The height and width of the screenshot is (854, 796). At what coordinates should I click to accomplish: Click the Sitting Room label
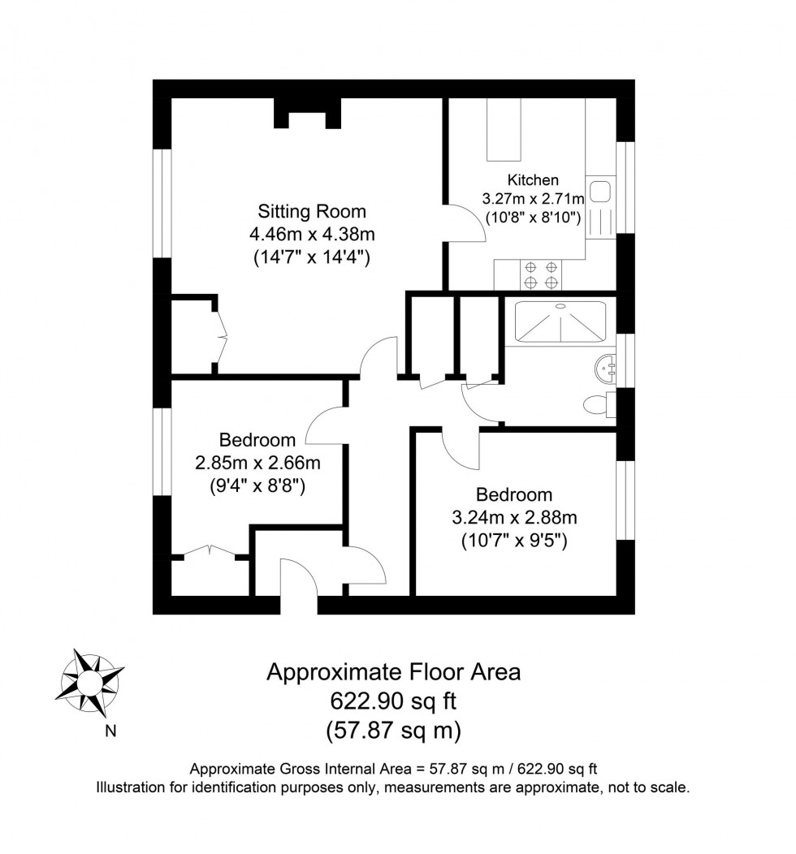(312, 212)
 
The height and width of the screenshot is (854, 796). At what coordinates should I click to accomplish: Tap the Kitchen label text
(533, 180)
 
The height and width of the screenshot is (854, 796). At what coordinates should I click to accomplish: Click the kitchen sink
(600, 192)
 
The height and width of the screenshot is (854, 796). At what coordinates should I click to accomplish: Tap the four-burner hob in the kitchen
(541, 274)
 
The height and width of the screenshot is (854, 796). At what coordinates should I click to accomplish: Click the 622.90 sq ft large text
(394, 701)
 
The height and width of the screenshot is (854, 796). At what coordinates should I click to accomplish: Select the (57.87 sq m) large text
(394, 730)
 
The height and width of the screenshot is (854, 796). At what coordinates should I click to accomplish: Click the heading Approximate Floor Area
(394, 672)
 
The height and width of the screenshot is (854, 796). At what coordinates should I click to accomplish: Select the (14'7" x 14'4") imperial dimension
(312, 259)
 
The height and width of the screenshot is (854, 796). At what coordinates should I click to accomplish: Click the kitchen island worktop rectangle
(503, 130)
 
